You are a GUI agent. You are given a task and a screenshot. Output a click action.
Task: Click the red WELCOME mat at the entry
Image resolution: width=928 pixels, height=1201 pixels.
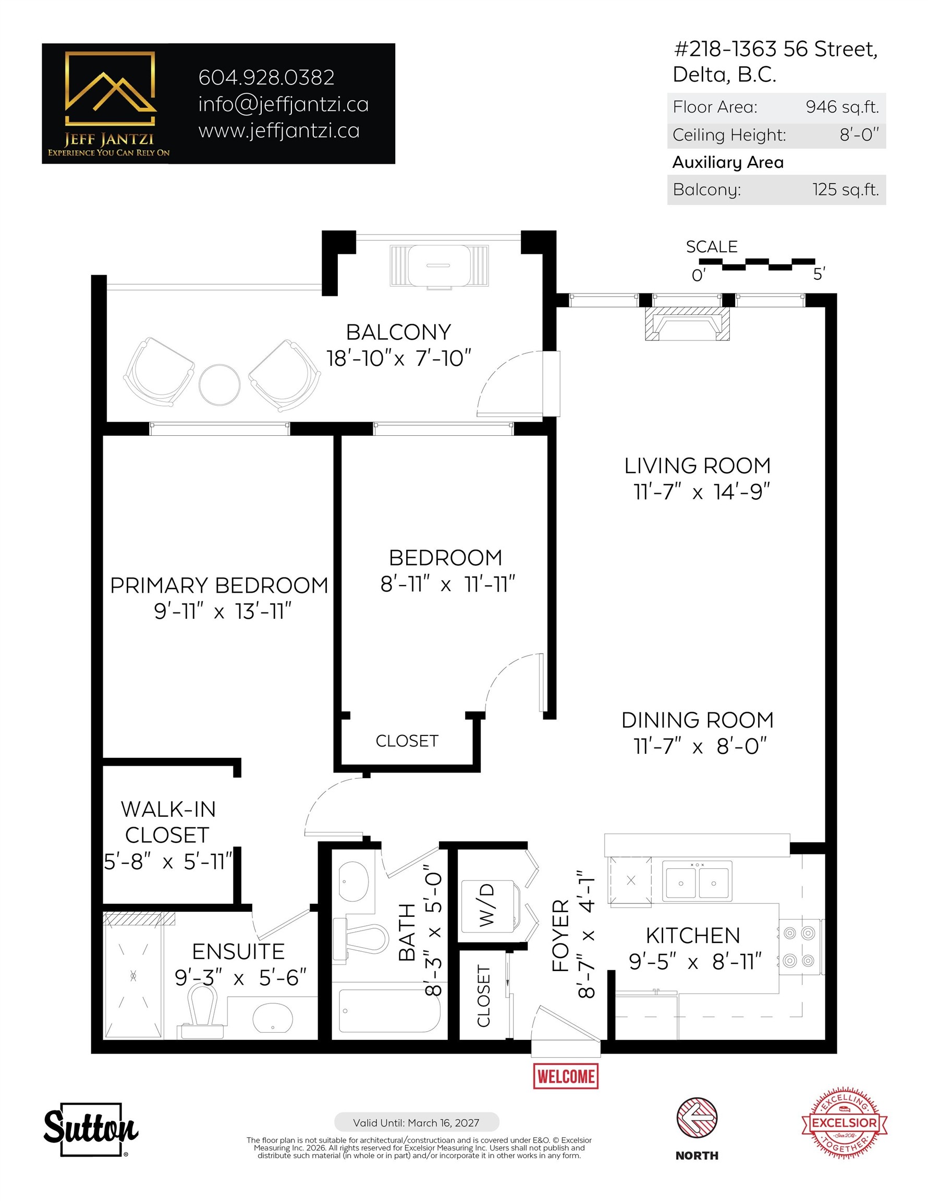(566, 1076)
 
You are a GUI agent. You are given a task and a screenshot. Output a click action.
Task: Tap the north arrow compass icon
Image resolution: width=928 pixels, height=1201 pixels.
(697, 1118)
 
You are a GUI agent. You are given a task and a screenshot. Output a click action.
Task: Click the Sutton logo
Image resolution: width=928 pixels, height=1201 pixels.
(91, 1130)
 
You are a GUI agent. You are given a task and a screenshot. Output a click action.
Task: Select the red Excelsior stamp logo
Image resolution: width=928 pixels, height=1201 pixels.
(845, 1122)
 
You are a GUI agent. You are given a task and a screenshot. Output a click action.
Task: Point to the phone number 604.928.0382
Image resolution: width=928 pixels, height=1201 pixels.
(266, 78)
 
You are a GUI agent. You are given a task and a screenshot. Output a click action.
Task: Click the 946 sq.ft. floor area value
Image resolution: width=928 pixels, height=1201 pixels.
(842, 107)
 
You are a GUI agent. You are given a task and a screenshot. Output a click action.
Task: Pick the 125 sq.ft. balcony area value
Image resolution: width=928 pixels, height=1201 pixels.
(846, 190)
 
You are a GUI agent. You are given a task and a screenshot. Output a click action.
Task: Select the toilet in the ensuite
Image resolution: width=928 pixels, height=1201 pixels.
(202, 1012)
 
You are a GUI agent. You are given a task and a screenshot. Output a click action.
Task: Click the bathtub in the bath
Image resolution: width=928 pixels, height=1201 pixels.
(389, 1011)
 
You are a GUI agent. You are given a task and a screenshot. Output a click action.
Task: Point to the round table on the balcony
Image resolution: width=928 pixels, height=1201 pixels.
(219, 385)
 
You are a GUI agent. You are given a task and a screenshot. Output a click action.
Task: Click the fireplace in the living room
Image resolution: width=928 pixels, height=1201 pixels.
(687, 324)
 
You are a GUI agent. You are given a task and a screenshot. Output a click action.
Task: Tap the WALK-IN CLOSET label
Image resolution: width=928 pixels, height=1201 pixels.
(168, 822)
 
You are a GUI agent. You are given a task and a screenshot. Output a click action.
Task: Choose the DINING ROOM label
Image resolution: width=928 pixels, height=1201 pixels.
(698, 720)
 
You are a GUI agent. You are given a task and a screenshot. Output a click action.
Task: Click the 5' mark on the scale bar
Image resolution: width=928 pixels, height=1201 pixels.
(819, 273)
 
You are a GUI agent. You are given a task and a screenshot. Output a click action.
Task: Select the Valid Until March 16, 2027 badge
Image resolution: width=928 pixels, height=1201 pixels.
(417, 1122)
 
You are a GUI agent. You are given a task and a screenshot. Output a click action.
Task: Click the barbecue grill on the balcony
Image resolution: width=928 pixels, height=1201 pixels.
(439, 267)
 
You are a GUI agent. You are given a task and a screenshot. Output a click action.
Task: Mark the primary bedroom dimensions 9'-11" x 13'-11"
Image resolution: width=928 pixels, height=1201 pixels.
(222, 611)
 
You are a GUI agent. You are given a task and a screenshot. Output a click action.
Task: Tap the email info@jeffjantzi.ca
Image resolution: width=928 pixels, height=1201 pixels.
(283, 104)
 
